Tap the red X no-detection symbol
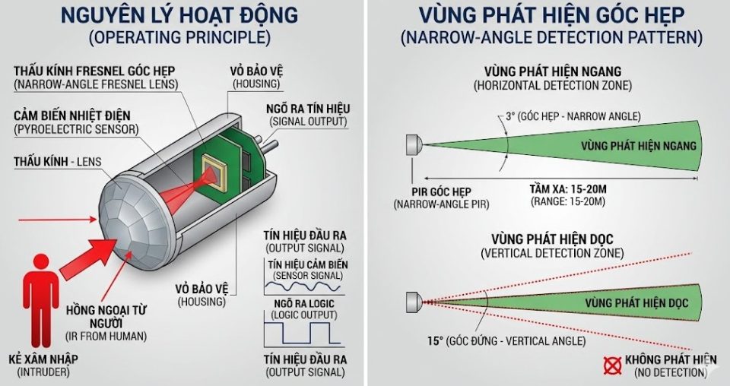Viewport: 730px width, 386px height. (x=612, y=365)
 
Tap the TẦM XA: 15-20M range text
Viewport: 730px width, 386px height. (x=567, y=187)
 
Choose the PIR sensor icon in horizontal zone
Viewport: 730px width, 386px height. (x=414, y=144)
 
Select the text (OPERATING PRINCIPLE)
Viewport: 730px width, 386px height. (x=179, y=37)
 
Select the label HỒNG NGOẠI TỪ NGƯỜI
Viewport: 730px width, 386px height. (x=106, y=315)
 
